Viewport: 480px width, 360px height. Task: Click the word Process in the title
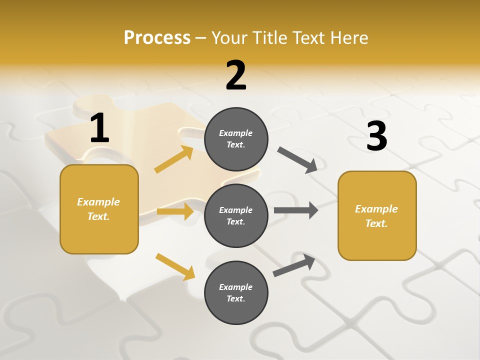157,38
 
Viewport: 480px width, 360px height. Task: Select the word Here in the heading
349,38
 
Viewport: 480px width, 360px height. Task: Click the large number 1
99,128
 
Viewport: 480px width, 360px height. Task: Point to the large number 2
236,75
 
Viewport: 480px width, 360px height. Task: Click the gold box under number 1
99,209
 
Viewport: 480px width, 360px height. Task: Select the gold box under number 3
377,215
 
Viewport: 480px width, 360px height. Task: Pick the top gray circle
236,139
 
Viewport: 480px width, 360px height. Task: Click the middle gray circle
236,215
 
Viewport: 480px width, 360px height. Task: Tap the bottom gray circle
236,292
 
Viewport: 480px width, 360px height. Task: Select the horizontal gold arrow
175,211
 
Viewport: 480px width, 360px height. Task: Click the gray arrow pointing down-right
297,160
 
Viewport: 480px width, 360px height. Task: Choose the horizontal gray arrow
296,210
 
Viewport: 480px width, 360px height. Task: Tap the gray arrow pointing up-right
294,265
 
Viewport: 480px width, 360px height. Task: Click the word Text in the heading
310,38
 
